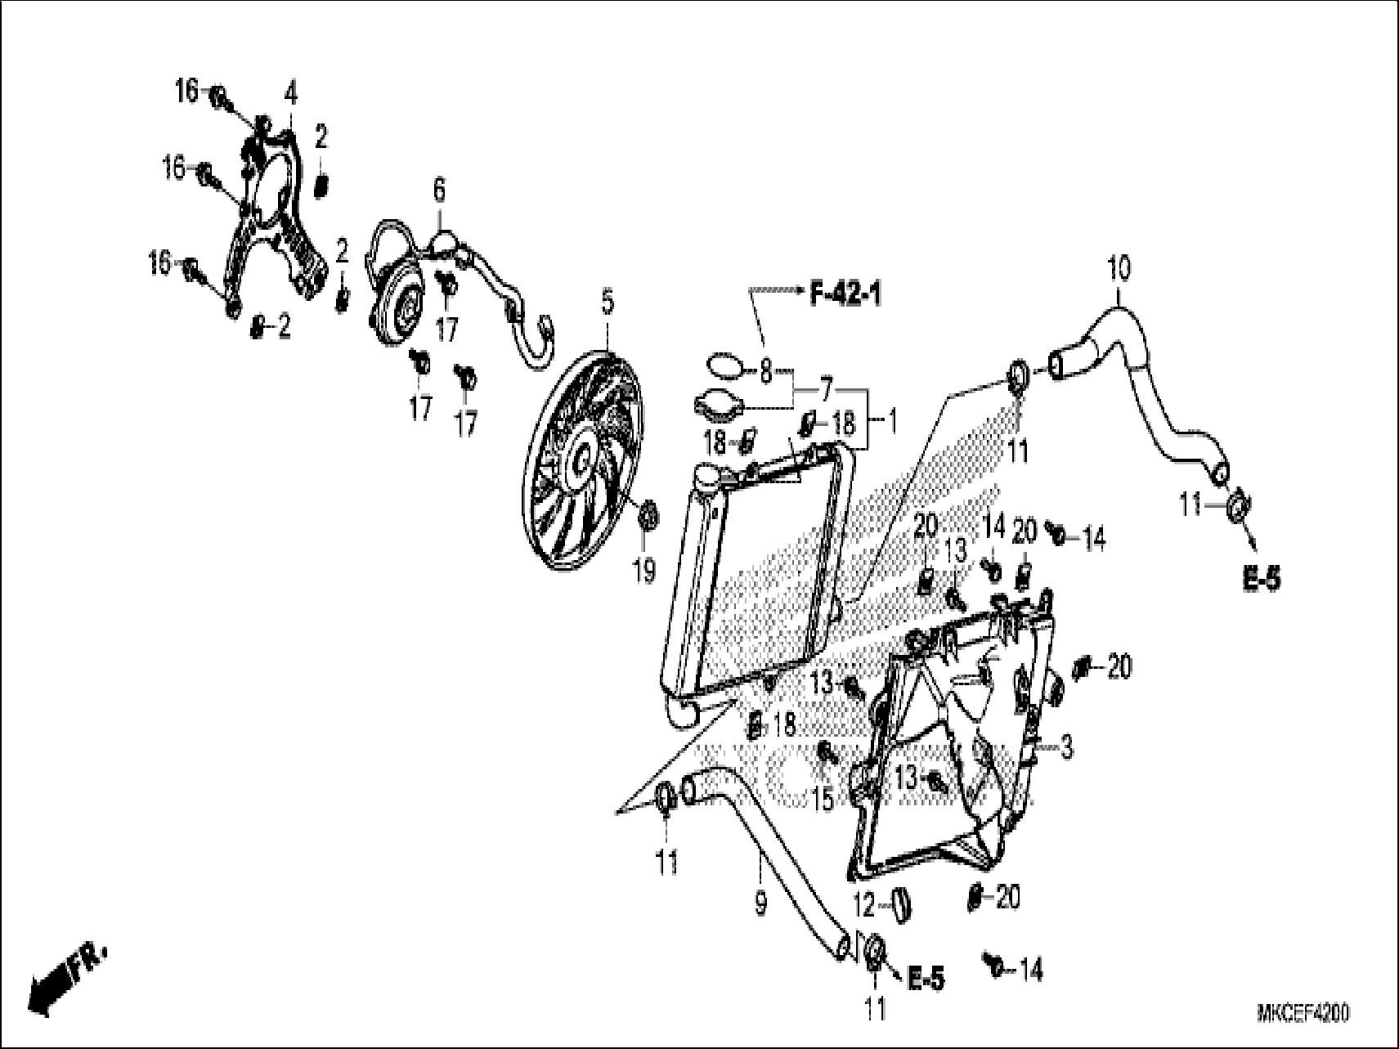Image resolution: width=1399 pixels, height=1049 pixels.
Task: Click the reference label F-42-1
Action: (x=845, y=294)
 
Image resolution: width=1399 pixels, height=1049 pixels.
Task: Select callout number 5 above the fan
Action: (x=607, y=304)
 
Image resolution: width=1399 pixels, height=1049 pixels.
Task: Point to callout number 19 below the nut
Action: (x=644, y=572)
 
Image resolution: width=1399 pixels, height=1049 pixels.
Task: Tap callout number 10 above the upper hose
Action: (x=1119, y=268)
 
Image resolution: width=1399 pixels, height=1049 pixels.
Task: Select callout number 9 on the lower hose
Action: (x=760, y=903)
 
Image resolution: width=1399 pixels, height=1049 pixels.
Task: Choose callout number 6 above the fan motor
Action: (x=439, y=191)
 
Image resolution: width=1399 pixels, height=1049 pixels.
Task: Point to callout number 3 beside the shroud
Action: (x=1066, y=747)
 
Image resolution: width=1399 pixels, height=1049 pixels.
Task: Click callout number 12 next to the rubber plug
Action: (x=864, y=905)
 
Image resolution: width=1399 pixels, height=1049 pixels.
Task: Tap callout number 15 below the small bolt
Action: (x=823, y=799)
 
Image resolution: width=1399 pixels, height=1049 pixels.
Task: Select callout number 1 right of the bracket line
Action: (x=891, y=423)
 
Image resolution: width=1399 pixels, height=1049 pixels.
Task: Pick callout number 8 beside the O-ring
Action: (x=765, y=373)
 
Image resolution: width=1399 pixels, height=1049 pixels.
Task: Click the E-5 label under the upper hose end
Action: (x=1260, y=580)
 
